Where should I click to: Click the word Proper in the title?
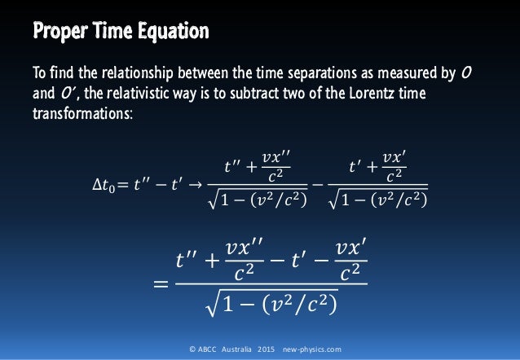point(59,33)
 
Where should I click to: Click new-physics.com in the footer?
point(313,349)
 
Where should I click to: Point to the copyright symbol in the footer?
point(190,349)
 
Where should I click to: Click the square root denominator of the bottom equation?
point(272,307)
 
